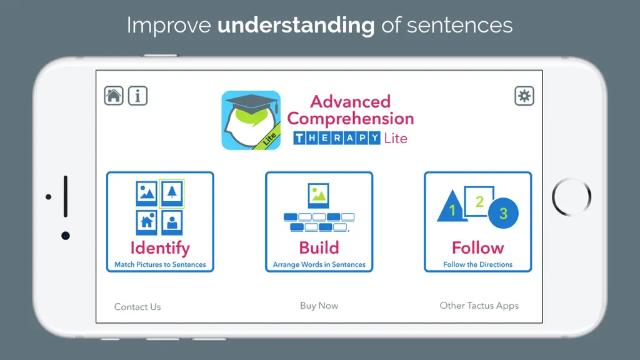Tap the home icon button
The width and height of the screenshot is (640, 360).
pos(114,96)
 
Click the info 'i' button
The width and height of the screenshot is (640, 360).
pos(137,96)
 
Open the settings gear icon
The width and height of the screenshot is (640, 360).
pos(524,96)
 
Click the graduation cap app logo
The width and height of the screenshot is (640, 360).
pos(251,121)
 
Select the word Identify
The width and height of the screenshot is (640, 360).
pos(160,248)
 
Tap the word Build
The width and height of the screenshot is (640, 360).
pos(319,247)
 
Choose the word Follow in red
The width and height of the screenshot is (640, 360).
pos(477,247)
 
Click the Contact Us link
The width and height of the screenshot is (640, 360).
pos(137,307)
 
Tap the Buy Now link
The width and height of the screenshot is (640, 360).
pos(319,306)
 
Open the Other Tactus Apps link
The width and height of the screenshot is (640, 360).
pos(479,306)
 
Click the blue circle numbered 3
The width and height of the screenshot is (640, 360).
pos(503,213)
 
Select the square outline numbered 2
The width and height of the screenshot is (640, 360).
pos(479,201)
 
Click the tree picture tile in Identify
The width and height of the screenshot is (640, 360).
pos(172,193)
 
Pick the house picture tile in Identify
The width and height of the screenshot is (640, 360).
pos(146,222)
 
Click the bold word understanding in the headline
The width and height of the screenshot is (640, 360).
pos(296,25)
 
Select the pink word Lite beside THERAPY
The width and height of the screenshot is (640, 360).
pos(396,138)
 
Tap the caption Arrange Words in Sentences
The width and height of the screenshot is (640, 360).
pos(319,264)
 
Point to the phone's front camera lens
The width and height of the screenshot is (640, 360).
pos(65,236)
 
